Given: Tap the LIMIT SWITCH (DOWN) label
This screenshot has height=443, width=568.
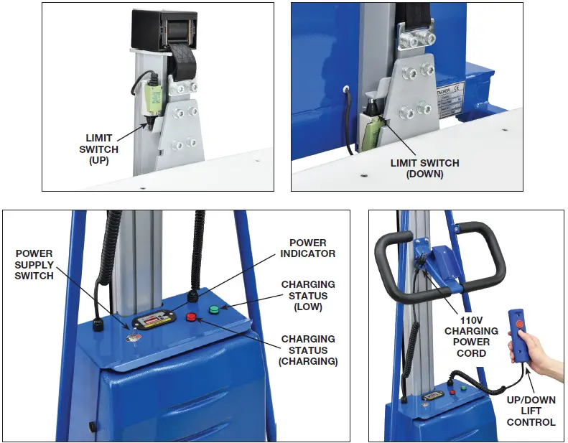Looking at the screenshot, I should coord(424,168).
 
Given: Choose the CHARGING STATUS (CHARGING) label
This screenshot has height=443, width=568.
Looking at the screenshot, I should coord(309,350).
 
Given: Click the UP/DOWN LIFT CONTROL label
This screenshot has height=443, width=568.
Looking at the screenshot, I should coord(531,410).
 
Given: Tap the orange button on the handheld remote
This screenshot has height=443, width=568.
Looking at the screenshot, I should coord(518,323).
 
